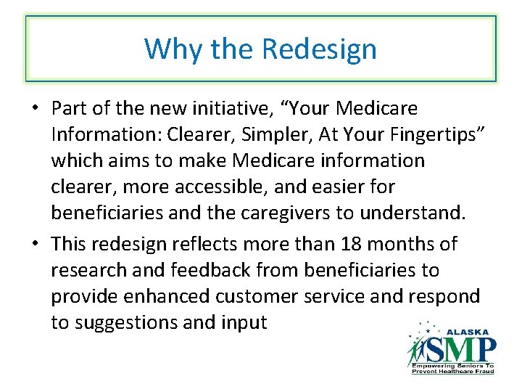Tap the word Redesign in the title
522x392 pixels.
tap(319, 49)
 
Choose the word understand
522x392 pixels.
tap(410, 213)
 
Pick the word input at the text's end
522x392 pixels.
tap(241, 322)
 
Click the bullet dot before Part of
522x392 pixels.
tap(35, 110)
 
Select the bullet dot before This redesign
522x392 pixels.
tap(35, 245)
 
